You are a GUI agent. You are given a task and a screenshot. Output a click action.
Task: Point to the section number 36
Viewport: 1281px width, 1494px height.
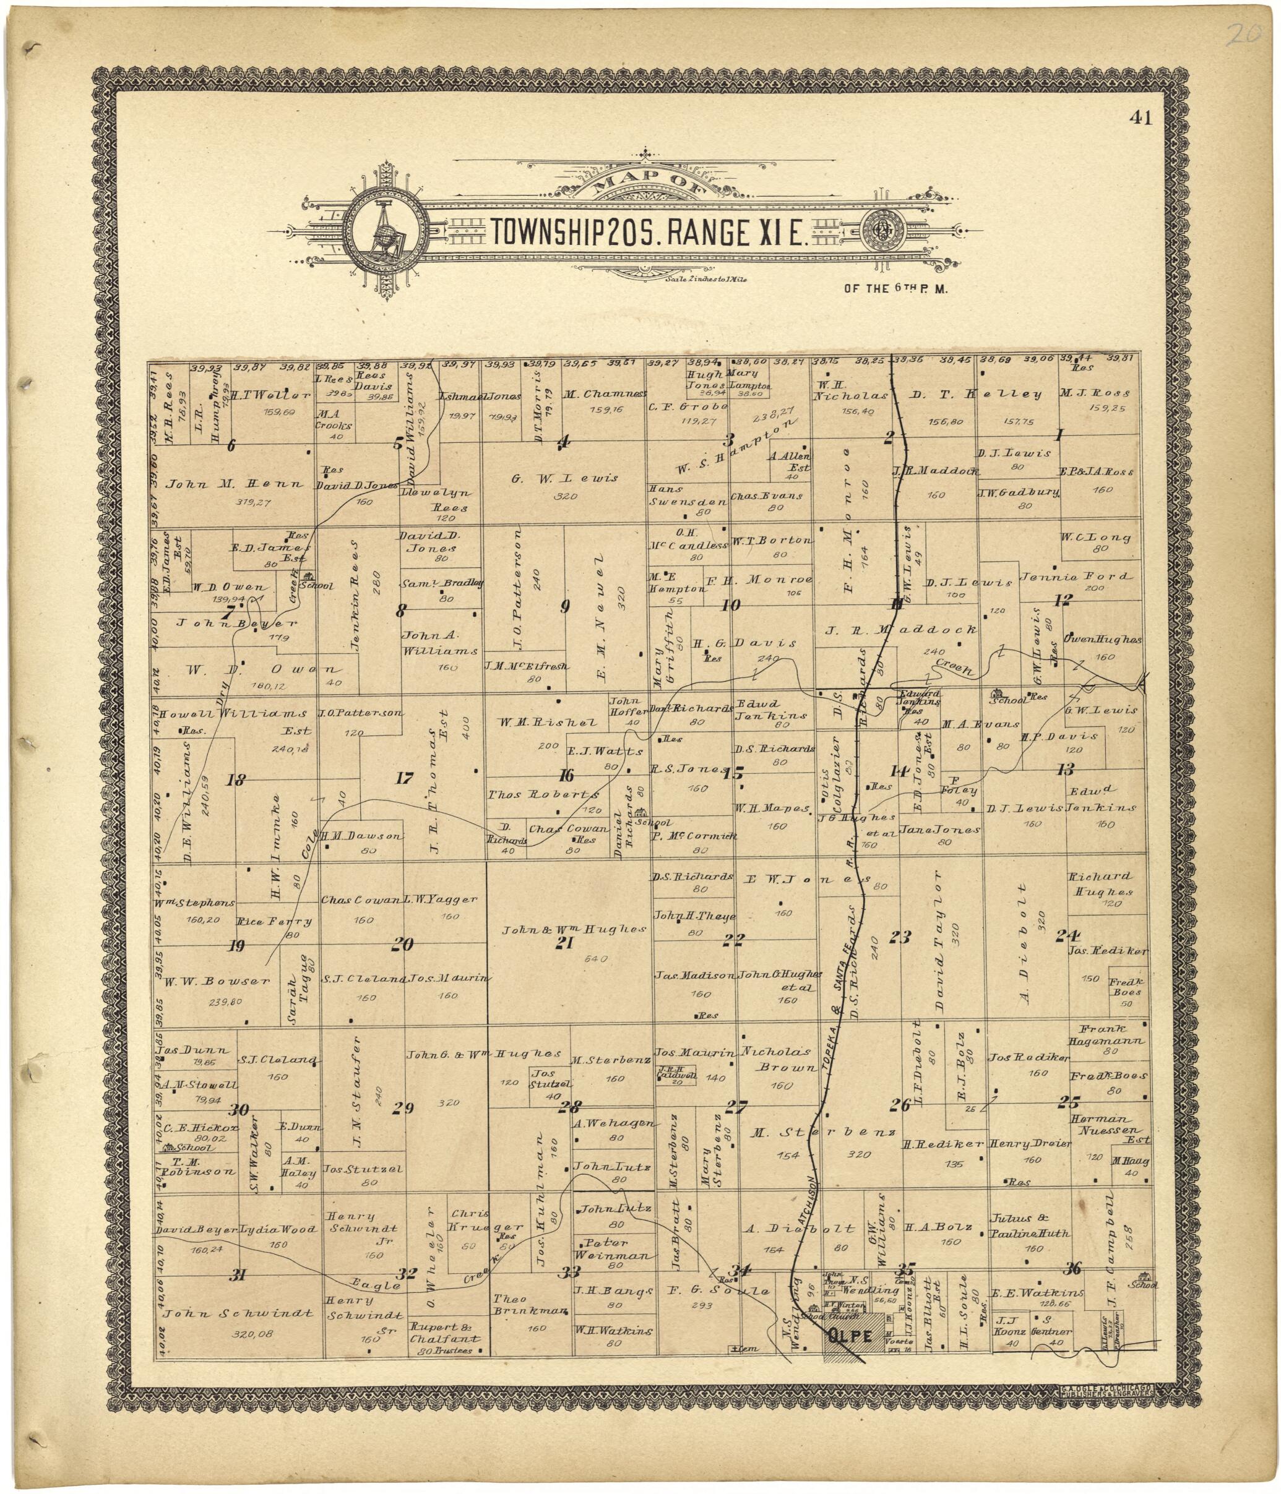[x=1072, y=1268]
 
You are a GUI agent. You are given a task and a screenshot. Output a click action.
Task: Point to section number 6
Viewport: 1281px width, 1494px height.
[x=231, y=445]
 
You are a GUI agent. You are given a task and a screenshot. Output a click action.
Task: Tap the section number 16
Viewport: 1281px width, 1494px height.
[x=566, y=776]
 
